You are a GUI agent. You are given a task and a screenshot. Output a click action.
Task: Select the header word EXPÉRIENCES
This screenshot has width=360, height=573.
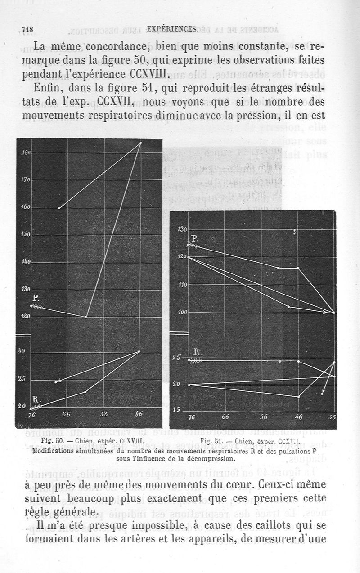172,30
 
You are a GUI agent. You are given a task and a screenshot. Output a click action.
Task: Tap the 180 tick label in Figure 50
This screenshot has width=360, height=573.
26,153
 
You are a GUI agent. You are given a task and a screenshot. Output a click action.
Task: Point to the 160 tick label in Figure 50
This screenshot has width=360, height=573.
25,207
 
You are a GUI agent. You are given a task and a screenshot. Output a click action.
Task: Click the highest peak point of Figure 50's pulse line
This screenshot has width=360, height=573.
140,143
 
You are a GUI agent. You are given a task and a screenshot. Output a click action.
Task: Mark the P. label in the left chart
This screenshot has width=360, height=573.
36,298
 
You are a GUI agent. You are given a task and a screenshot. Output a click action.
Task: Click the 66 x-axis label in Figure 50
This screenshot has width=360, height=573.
66,414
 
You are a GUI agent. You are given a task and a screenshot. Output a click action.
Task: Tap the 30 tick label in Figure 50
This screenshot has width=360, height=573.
22,351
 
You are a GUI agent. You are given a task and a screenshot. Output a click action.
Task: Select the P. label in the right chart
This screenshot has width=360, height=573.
194,238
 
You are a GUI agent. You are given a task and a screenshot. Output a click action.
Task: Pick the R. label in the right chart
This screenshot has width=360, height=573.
197,353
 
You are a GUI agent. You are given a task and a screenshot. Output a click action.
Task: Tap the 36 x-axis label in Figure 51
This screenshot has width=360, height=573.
332,417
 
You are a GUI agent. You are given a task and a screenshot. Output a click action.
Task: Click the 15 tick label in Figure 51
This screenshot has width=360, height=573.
176,409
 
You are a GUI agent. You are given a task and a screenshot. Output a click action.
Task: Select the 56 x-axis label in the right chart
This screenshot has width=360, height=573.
263,417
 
